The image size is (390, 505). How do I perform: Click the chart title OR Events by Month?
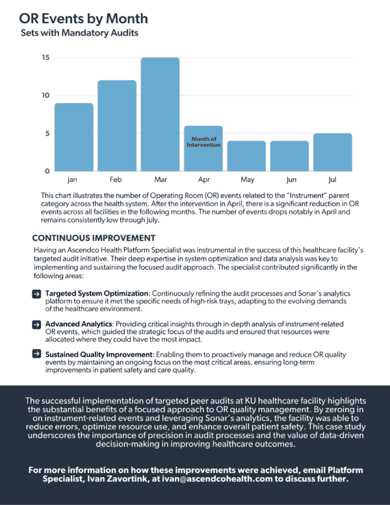coord(84,18)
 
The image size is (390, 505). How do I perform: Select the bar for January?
coord(73,137)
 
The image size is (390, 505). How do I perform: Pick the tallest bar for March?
coord(160,114)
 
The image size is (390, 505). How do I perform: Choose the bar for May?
coord(246,156)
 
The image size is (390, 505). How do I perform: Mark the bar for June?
coord(290,156)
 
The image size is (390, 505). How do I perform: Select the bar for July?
coord(333,152)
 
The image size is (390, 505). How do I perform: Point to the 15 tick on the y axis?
coord(45,57)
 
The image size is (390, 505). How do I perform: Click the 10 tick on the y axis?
coord(45,96)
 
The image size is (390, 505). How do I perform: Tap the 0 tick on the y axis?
coord(47,172)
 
